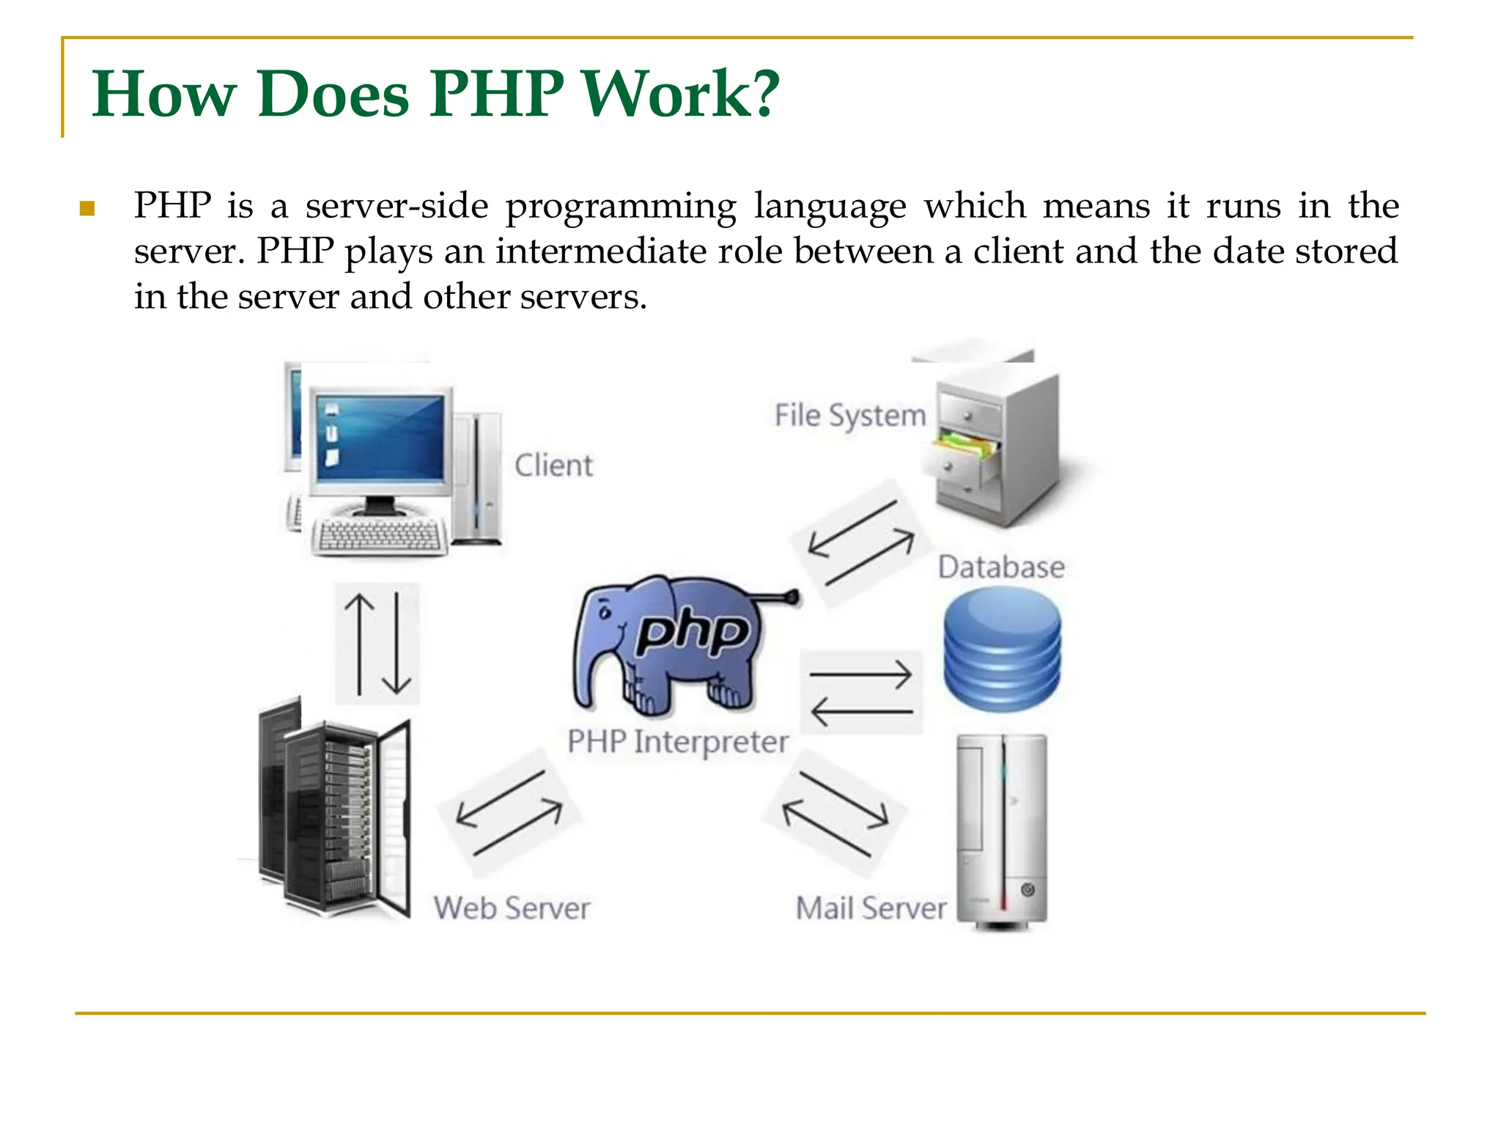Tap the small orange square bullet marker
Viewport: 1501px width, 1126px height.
(88, 209)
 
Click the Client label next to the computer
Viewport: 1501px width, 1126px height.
(553, 466)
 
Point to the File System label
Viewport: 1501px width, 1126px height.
(850, 416)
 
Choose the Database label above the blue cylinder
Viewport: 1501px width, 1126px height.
(1001, 567)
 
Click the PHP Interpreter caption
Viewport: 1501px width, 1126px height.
(678, 742)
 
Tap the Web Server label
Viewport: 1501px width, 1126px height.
(512, 908)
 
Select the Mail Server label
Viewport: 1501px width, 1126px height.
(871, 908)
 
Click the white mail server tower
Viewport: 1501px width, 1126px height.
(1002, 832)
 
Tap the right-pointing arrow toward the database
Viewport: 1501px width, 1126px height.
(861, 674)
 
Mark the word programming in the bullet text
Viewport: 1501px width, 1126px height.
(621, 207)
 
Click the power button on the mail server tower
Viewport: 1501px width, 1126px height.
(1028, 890)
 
